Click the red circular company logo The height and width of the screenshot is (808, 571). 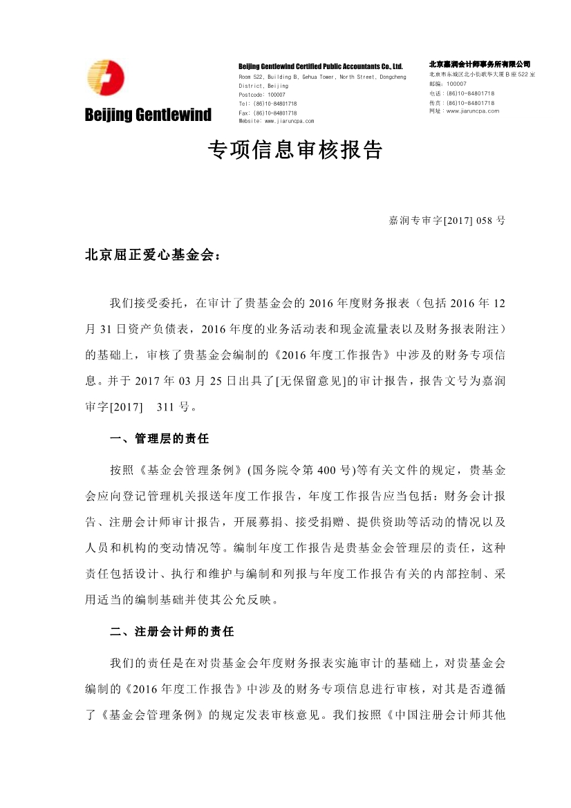click(x=105, y=77)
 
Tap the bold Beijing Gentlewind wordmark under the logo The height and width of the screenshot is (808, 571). click(x=148, y=115)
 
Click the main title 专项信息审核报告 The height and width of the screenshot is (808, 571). click(x=295, y=150)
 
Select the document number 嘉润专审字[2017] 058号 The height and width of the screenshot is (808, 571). click(x=447, y=220)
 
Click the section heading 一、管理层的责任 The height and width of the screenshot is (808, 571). click(x=160, y=439)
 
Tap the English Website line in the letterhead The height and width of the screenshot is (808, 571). click(x=276, y=120)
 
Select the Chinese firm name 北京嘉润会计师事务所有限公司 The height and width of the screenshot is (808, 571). click(x=479, y=64)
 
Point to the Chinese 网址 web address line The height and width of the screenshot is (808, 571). click(x=464, y=111)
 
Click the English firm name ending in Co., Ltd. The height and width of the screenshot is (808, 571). click(x=320, y=66)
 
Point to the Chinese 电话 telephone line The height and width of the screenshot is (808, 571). click(x=462, y=93)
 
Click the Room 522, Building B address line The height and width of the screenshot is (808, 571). click(x=322, y=76)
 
